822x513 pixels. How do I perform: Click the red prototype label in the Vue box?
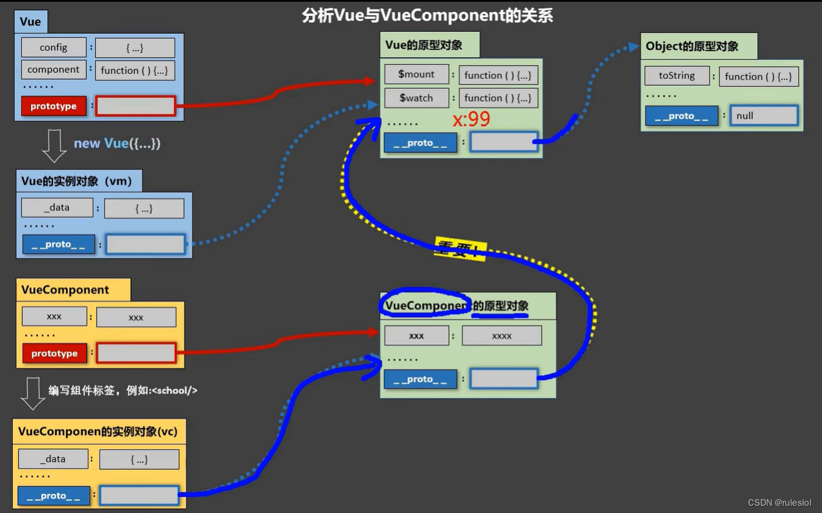54,106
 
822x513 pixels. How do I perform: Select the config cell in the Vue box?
54,48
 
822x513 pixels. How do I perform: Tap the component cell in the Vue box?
54,70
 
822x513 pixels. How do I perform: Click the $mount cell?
417,74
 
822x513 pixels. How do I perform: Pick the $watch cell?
417,98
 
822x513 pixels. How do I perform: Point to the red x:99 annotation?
471,120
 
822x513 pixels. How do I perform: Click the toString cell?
677,76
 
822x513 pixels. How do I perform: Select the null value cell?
764,116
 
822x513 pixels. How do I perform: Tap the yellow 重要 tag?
461,248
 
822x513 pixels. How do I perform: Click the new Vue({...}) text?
117,144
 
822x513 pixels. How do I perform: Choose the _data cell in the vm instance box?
57,207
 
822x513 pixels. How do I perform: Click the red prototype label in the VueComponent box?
54,354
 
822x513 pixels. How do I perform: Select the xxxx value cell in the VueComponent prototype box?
502,336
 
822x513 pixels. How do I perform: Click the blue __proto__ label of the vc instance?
54,496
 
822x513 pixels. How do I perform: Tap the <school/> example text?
175,391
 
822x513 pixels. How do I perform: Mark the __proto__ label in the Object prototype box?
681,116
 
